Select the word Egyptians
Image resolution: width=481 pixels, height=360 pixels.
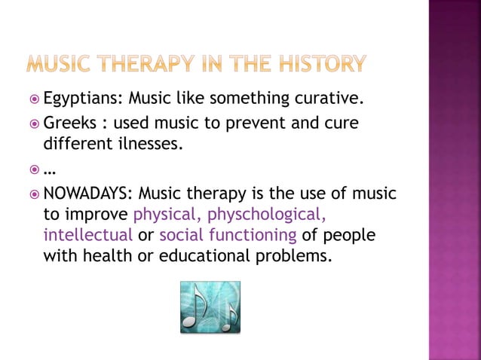[83, 99]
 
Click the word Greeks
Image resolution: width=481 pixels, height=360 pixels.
[70, 123]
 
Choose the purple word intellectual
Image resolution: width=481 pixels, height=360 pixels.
[87, 236]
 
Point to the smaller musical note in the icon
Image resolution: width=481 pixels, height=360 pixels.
[228, 316]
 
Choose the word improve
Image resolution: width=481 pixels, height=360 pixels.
[97, 215]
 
